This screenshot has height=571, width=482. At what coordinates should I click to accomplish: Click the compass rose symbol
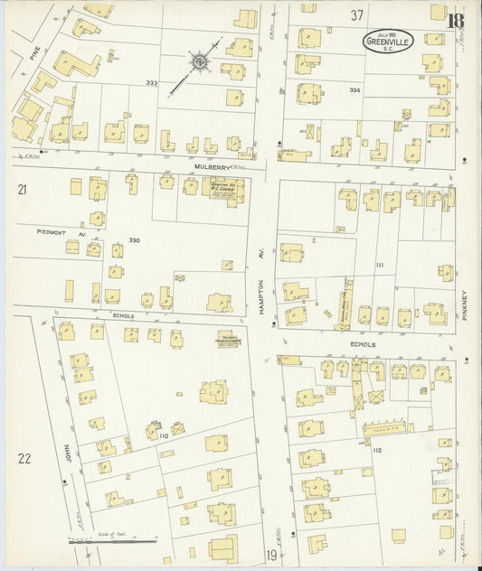(196, 63)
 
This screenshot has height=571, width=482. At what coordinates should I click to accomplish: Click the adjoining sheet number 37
(357, 14)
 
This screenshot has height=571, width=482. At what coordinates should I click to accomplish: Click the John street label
(67, 447)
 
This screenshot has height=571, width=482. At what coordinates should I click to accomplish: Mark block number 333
(150, 83)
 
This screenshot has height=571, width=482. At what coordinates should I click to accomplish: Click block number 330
(136, 240)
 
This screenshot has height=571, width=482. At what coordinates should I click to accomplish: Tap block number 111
(380, 265)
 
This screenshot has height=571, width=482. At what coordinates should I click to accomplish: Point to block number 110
(165, 436)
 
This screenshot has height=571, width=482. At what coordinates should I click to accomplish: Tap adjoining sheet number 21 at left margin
(21, 189)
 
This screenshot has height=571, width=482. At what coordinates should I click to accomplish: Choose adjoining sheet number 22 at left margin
(24, 458)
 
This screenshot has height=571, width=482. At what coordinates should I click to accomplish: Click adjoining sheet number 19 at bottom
(270, 555)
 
